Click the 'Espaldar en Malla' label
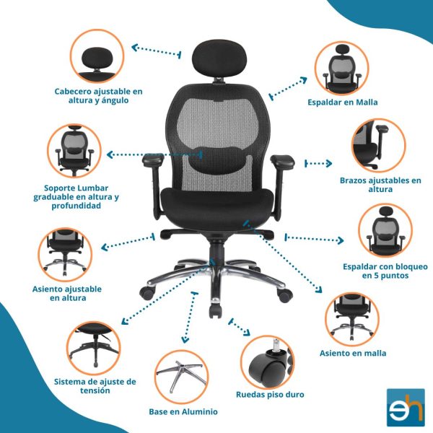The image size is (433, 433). (342, 102)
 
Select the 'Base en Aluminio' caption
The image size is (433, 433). (183, 411)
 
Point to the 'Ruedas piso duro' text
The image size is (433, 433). (270, 394)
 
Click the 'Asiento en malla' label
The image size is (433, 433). (353, 353)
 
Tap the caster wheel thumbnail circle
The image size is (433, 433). (267, 362)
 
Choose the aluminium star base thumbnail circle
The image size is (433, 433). (181, 377)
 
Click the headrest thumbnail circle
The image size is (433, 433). (97, 56)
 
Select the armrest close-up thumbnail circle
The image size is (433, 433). (379, 146)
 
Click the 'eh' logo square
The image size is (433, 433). (406, 407)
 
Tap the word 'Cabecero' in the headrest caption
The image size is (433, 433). (73, 91)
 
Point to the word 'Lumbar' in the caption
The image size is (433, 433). (93, 188)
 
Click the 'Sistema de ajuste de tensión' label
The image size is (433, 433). (95, 386)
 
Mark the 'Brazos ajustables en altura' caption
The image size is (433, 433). (380, 185)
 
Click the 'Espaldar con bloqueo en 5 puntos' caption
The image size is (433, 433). (385, 271)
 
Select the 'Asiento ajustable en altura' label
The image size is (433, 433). (67, 293)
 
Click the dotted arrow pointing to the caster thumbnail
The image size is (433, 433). (239, 327)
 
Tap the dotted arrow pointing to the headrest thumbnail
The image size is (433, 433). (157, 51)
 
